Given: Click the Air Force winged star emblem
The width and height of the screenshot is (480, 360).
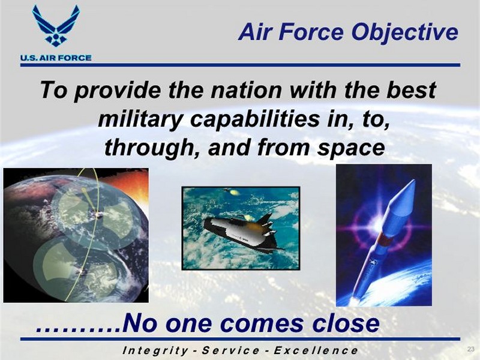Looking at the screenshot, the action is pyautogui.click(x=56, y=26).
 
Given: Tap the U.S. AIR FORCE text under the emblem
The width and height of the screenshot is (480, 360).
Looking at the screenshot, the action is pyautogui.click(x=56, y=58).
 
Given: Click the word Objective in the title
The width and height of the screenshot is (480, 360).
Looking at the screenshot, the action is pyautogui.click(x=404, y=33).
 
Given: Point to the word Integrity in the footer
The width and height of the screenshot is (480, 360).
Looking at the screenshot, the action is pyautogui.click(x=155, y=350).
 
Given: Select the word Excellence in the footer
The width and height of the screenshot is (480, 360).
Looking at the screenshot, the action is pyautogui.click(x=316, y=350).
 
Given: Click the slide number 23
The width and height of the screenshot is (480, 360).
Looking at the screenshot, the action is pyautogui.click(x=470, y=349).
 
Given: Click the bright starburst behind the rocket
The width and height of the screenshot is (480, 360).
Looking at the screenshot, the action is pyautogui.click(x=377, y=223).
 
